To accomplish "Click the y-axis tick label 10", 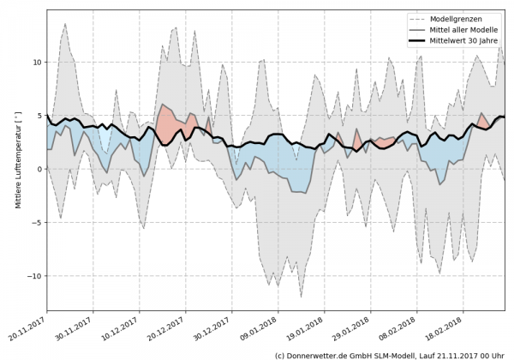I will tap(36, 63).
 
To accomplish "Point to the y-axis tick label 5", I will tap(39, 116).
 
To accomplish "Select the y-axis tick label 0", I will tap(39, 169).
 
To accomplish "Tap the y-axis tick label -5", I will tap(36, 223).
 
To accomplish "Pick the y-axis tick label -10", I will tap(33, 276).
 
